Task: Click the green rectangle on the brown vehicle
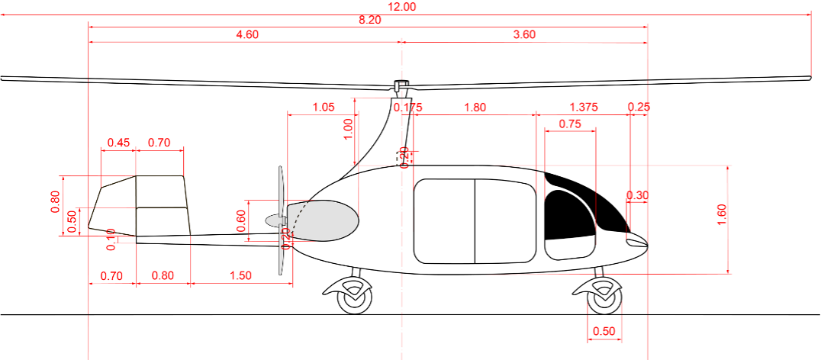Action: [160, 190]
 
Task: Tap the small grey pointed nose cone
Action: [273, 220]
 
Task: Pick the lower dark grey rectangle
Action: [233, 258]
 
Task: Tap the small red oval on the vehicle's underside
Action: [111, 231]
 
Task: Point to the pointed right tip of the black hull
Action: [647, 246]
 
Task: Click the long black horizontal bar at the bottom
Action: [366, 297]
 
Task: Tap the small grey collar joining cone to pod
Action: [284, 220]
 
